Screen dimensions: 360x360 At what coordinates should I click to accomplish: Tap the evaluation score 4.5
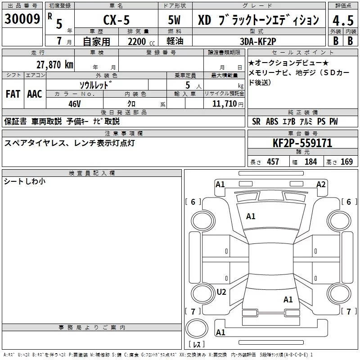coord(342,20)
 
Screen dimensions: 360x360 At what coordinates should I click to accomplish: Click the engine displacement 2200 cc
coord(137,42)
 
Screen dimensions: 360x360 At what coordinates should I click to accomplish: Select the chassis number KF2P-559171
coord(302,144)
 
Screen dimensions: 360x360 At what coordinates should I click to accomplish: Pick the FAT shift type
coord(13,94)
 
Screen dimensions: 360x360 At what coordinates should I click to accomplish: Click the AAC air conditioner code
coord(34,94)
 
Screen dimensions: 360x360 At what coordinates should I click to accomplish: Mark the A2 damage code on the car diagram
coord(321,184)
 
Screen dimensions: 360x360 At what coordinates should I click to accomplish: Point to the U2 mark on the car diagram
coord(221,292)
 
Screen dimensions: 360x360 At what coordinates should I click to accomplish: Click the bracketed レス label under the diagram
coord(197,345)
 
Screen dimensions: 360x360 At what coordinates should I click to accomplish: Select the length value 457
coord(273,162)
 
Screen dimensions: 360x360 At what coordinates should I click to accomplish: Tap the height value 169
coord(346,162)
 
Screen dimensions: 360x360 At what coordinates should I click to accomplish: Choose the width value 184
coord(310,162)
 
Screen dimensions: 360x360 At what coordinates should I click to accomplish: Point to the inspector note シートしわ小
coord(25,181)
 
